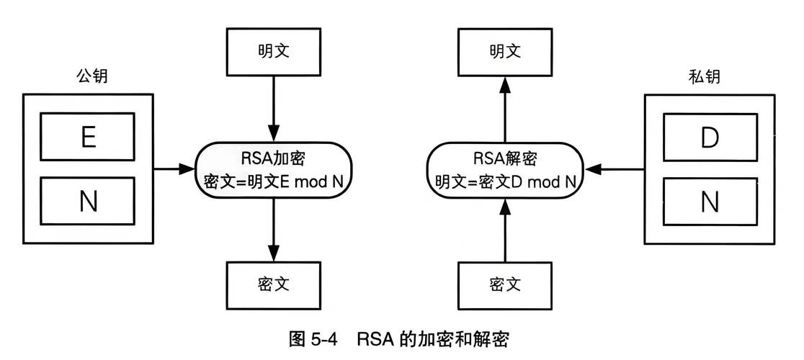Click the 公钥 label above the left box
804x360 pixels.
point(88,76)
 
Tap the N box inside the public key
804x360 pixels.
point(87,202)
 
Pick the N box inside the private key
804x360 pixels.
point(710,202)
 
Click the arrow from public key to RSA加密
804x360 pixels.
point(173,170)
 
